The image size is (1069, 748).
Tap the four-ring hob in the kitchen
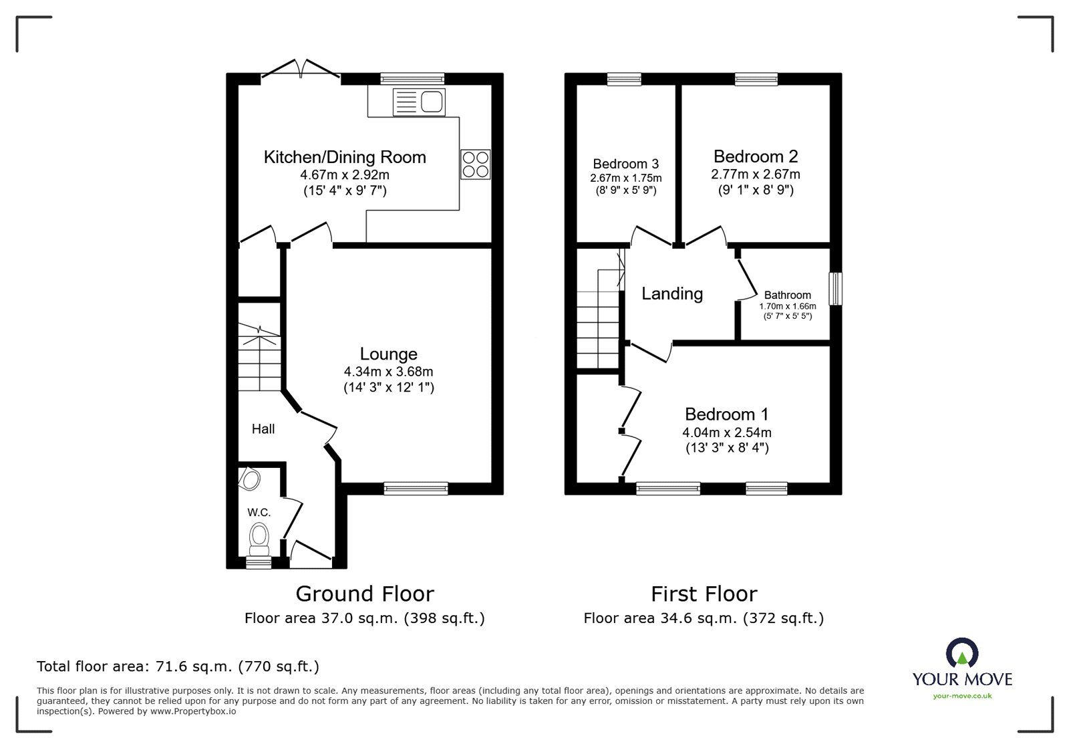475,164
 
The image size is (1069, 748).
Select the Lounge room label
388,354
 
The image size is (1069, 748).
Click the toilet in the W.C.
259,536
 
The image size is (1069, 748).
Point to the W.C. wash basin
251,479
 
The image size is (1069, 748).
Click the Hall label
263,429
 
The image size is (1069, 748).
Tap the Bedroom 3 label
625,164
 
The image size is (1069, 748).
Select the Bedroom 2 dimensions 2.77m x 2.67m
756,174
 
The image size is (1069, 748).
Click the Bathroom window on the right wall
835,289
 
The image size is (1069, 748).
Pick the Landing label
672,293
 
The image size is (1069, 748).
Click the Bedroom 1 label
727,414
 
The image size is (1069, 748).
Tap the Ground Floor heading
365,594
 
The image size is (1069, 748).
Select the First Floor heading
704,594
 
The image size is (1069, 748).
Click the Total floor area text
178,666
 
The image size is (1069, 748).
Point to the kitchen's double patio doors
301,70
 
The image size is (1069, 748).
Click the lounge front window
416,489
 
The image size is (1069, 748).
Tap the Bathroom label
787,295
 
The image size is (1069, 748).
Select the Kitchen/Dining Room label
345,157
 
